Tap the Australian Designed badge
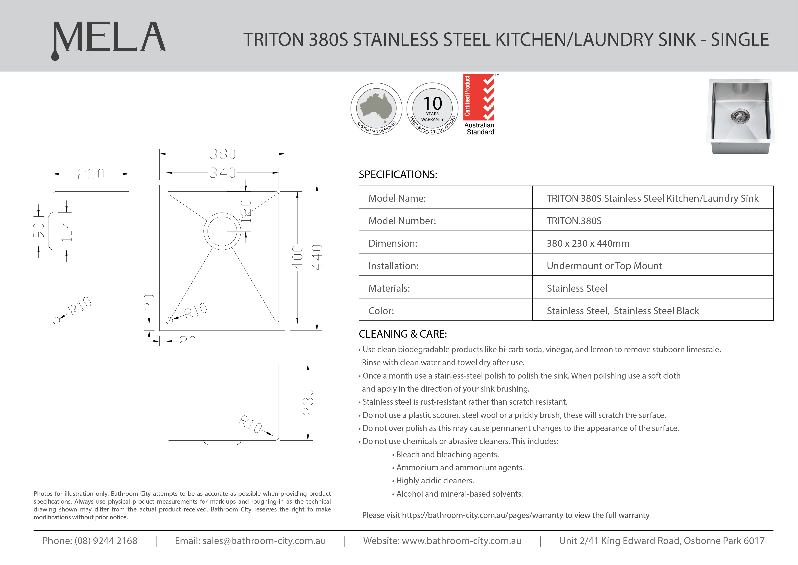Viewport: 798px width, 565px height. click(x=376, y=109)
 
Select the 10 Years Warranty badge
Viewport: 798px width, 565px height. click(x=432, y=109)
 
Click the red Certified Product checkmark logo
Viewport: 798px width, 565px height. click(x=479, y=97)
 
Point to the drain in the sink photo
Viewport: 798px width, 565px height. click(x=740, y=117)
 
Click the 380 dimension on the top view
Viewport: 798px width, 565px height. click(x=222, y=154)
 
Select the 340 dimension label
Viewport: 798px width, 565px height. click(x=222, y=173)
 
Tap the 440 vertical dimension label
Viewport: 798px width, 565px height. click(x=317, y=258)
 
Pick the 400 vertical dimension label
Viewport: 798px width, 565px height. click(x=297, y=258)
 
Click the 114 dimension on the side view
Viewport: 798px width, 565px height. click(x=66, y=231)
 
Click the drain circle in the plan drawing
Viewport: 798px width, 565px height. click(x=222, y=231)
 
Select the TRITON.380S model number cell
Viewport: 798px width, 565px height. click(x=574, y=221)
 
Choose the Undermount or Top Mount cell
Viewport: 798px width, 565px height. click(x=604, y=266)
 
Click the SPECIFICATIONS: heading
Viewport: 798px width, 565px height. click(x=398, y=174)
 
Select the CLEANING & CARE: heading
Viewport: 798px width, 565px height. click(x=403, y=334)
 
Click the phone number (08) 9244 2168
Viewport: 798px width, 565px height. click(x=106, y=541)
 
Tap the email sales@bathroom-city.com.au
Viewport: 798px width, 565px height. click(x=264, y=541)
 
